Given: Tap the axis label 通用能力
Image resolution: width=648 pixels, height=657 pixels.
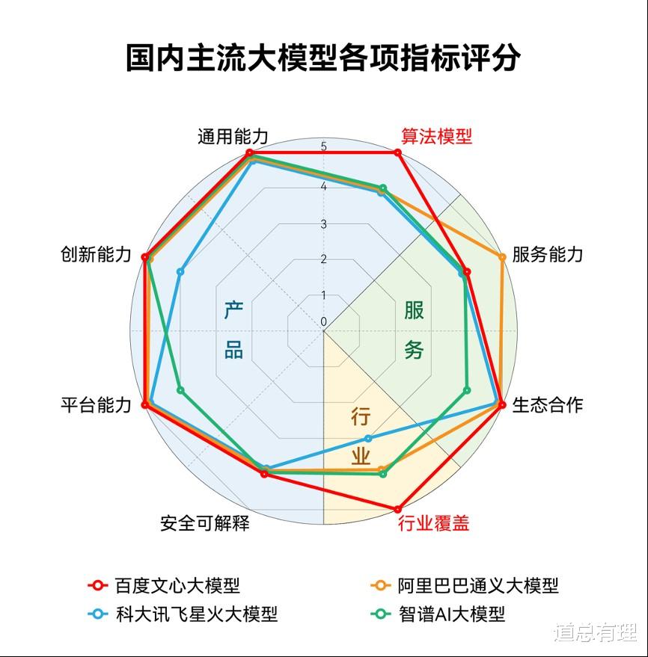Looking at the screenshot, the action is coord(233,137).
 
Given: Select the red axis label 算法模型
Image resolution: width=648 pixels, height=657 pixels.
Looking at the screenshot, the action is coord(436,137).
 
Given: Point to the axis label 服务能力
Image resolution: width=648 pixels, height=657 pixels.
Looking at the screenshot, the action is coord(547,254).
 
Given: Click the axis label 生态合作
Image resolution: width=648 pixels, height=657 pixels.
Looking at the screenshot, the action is coord(547,405).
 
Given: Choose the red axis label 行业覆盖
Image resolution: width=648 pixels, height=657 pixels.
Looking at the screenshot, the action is coord(434,523).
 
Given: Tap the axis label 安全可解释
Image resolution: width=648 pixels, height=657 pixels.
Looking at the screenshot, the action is coord(205,523).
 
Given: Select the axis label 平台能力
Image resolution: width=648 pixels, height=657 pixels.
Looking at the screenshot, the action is coord(96,405).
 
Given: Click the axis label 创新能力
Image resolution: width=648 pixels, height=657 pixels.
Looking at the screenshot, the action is coord(96,254).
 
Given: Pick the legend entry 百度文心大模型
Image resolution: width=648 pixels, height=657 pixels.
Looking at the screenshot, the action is coord(164,585).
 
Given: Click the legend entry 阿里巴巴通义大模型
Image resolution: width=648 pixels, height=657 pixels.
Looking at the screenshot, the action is coord(465,585).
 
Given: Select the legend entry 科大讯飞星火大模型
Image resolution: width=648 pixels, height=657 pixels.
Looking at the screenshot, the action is coord(183,614).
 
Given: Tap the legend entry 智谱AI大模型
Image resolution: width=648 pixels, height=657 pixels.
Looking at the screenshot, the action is coord(438,614).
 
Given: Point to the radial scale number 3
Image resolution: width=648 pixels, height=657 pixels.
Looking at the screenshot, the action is coord(323,224).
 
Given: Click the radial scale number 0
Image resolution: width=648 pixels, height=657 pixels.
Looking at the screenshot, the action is coord(323,322).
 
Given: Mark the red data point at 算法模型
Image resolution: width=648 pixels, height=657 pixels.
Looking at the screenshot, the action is coord(397,153).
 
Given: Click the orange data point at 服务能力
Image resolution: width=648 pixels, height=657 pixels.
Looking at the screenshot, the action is coord(501,257).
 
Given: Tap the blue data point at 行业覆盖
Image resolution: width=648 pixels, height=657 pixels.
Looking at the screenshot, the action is coord(368,438).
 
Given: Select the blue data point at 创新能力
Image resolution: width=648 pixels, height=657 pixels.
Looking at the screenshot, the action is coord(180,272).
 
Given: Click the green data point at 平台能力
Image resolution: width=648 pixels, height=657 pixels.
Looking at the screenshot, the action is coord(180,390).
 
